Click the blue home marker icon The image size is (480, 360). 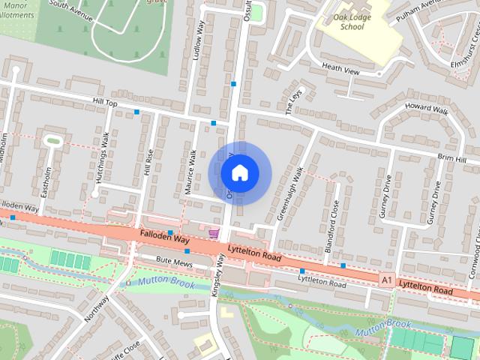(239, 173)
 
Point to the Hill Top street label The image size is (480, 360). (105, 102)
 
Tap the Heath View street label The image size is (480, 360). (340, 70)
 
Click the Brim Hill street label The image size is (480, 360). (452, 160)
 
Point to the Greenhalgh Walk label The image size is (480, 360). (289, 193)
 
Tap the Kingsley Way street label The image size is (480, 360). (220, 277)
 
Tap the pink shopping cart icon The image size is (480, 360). (214, 233)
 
